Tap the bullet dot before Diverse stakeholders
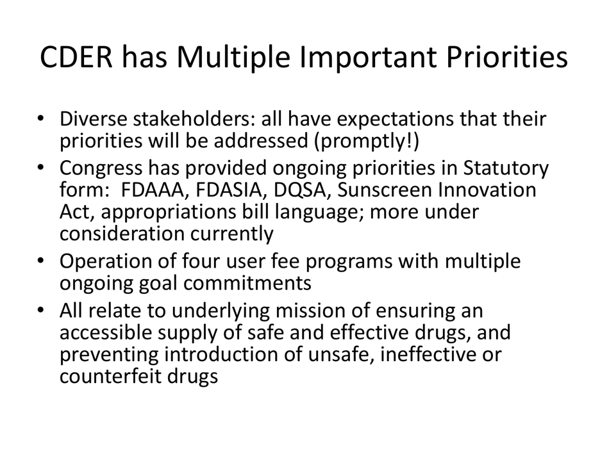pos(40,119)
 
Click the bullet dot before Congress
pos(40,168)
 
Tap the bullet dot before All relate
pos(40,311)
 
